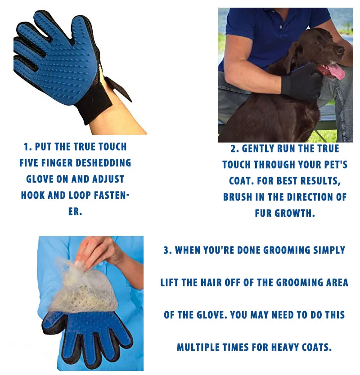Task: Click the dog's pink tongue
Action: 336,71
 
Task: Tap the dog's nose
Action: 341,50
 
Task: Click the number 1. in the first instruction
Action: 28,147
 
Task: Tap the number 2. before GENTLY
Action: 234,149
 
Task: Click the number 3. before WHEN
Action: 167,250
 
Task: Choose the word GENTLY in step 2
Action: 258,149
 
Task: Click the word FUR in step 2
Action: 263,213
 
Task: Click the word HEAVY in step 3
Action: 285,348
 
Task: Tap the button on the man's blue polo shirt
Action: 281,27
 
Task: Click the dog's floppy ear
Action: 294,58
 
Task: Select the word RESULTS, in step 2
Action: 320,181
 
